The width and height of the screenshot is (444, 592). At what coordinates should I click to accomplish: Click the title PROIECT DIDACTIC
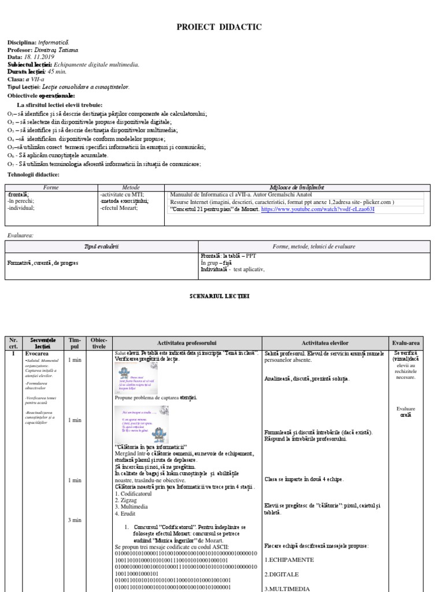(222, 27)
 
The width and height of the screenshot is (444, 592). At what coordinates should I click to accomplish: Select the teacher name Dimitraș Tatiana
(60, 50)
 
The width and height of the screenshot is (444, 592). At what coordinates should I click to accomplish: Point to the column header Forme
(51, 188)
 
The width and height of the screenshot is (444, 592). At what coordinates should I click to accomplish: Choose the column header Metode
(131, 188)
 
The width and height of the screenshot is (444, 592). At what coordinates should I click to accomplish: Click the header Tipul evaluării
(101, 246)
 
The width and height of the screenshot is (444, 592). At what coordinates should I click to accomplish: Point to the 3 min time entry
(74, 520)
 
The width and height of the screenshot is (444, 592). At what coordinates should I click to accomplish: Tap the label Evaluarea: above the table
(20, 235)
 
